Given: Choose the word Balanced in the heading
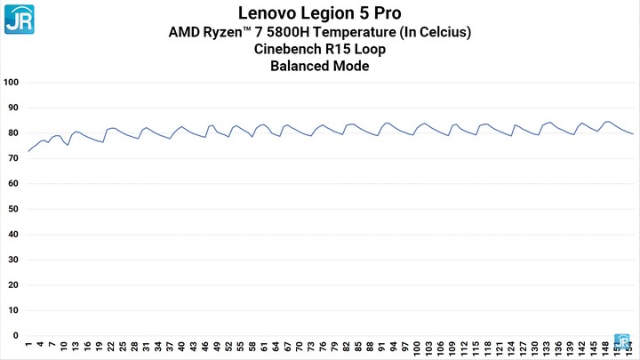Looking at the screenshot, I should [x=301, y=66].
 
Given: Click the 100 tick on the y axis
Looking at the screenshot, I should [x=12, y=83].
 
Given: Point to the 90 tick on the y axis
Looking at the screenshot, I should [x=13, y=108].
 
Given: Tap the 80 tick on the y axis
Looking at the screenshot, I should [x=13, y=133].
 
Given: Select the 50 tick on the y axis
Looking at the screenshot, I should [x=13, y=210].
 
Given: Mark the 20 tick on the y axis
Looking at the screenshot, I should [x=13, y=285].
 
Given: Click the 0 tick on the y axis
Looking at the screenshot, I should [x=16, y=336].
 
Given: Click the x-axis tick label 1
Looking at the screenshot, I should [x=28, y=346].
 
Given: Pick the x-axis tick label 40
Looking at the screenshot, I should [x=181, y=348].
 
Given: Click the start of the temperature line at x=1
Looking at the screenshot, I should [x=28, y=151].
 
